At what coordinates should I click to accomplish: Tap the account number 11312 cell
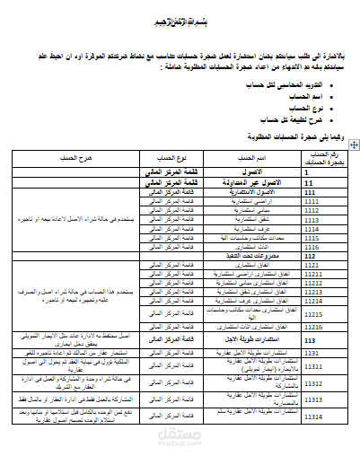[x=314, y=383]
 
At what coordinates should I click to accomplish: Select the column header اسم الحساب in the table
[x=250, y=157]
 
